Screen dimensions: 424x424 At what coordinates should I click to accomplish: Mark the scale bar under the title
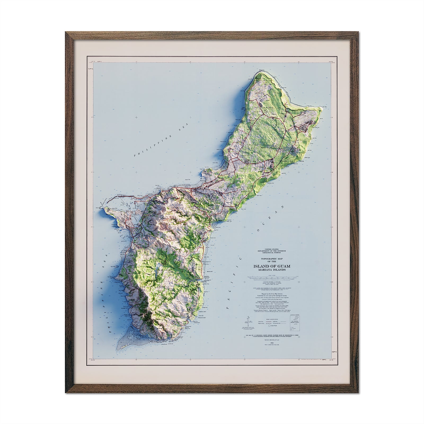pos(275,279)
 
